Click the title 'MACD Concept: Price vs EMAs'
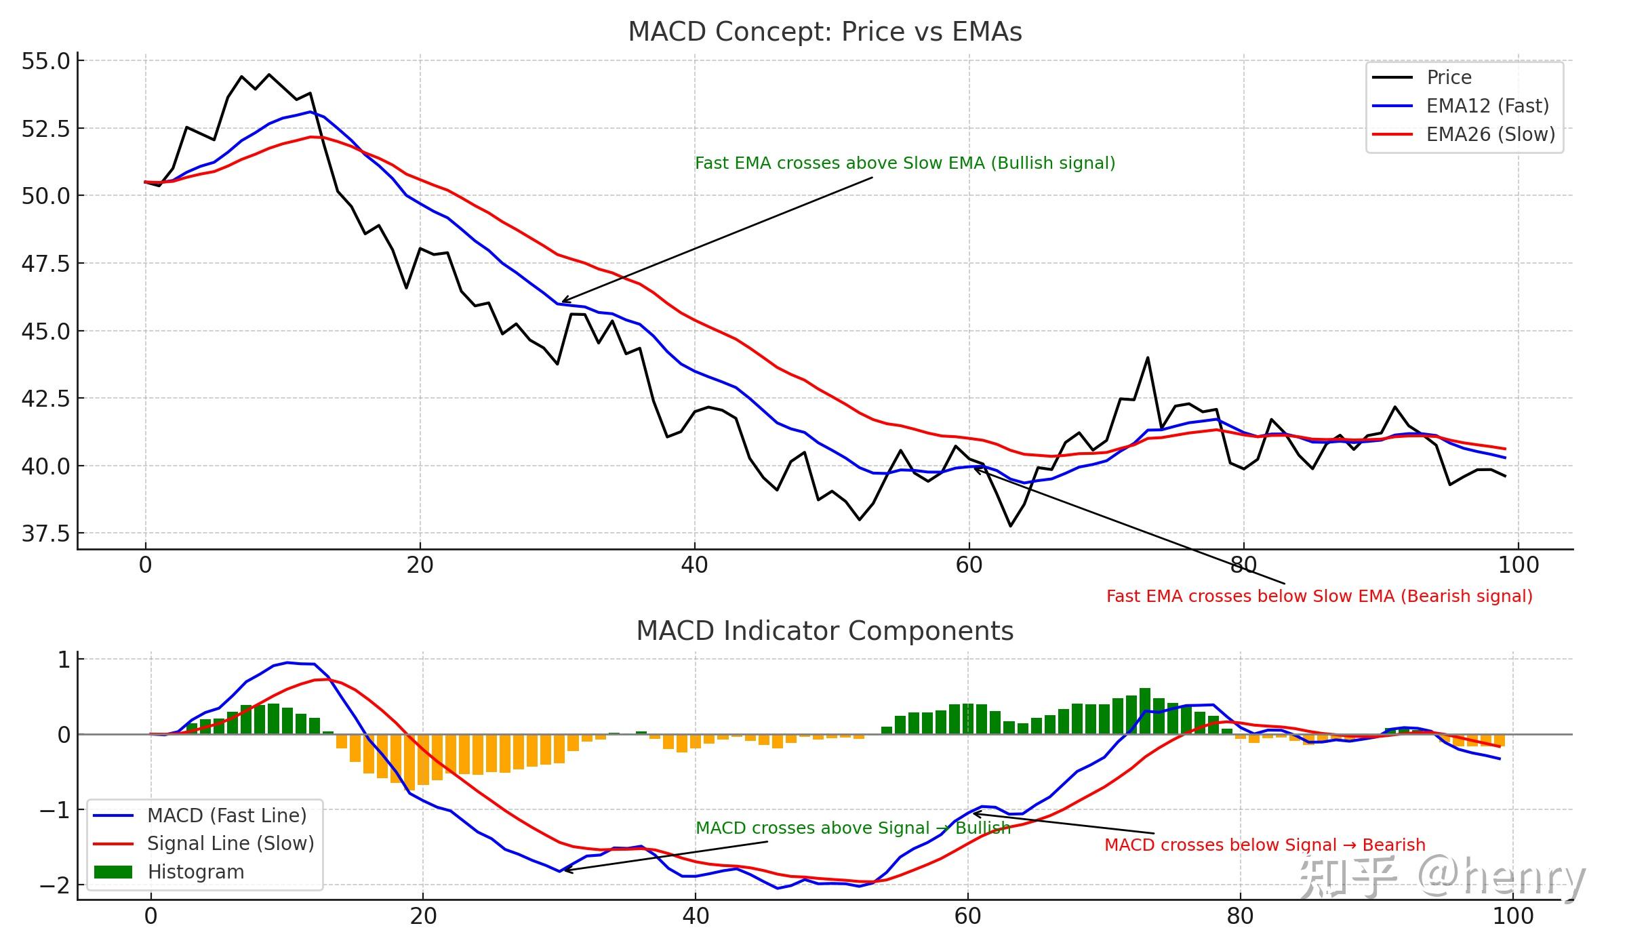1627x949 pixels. (824, 32)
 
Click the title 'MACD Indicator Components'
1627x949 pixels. (824, 631)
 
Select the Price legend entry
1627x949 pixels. (1449, 77)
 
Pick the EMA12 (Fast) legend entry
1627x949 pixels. (1487, 106)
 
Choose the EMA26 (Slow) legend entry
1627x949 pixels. (1490, 134)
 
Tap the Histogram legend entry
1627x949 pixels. (195, 872)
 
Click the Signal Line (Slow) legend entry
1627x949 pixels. (230, 843)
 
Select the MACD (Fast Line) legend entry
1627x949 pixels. (226, 815)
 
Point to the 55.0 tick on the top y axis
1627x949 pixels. (45, 62)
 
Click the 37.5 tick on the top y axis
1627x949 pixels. (45, 534)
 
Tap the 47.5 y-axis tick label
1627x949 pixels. (45, 264)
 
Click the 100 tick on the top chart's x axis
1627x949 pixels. (1518, 565)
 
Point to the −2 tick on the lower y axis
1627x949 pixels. (54, 885)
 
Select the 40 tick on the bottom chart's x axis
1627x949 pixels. (695, 916)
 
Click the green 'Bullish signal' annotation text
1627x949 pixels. (904, 163)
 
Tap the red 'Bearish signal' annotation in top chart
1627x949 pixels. (1319, 597)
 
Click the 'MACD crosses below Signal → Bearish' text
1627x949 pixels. (1264, 845)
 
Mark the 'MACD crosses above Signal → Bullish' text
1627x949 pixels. (853, 828)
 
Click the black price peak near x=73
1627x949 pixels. (1148, 358)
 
